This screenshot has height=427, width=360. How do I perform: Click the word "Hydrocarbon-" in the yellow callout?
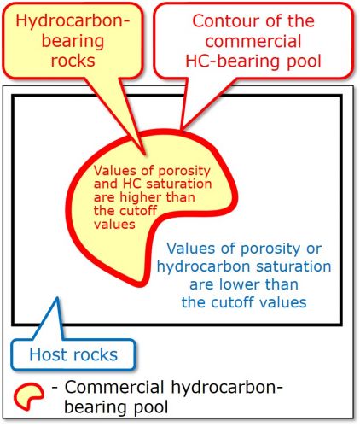point(73,21)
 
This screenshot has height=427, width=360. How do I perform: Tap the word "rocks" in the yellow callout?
point(73,61)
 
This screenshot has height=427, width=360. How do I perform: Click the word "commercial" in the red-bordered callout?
point(253,41)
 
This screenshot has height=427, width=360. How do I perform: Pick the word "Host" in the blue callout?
point(49,355)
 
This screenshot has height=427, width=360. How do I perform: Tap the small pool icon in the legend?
point(29,396)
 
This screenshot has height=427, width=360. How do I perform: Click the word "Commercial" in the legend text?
point(114,387)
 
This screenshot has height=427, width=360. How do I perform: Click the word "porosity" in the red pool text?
point(184,171)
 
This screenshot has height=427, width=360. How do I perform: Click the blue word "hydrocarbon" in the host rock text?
point(204,267)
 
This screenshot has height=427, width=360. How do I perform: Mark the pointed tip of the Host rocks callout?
point(58,298)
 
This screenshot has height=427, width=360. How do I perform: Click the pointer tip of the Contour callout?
point(181,129)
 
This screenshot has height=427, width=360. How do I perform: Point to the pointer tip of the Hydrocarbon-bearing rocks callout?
point(145,155)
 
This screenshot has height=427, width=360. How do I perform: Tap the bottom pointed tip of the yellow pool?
point(141,285)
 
